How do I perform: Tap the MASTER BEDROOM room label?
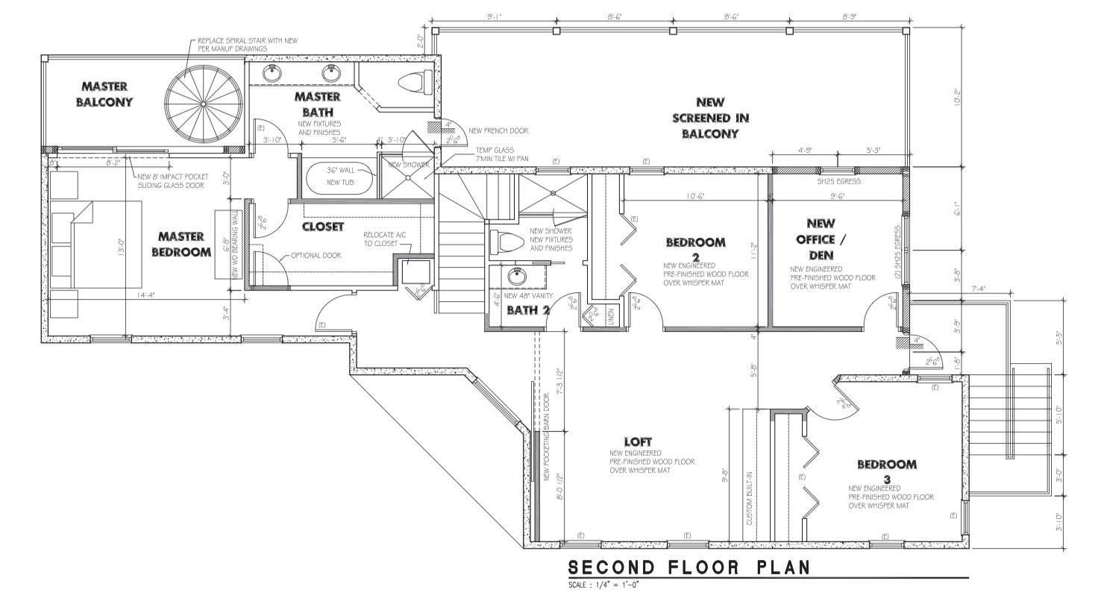[181, 244]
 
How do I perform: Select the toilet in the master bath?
[413, 80]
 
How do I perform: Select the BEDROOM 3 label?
[886, 470]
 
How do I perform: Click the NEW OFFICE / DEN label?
[820, 239]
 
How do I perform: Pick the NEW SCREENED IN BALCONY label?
[709, 118]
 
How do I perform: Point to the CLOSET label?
[323, 226]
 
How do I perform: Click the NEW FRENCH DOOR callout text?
[499, 130]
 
